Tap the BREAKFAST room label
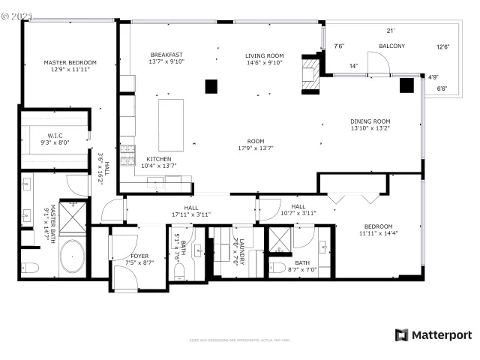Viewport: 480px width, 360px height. (166, 55)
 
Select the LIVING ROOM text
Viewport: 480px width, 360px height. (264, 55)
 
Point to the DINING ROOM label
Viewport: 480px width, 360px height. (370, 121)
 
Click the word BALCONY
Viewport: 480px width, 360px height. (391, 46)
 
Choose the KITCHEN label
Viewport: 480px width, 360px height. (158, 159)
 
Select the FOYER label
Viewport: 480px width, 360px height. (139, 256)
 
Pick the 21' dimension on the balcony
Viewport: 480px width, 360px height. (390, 31)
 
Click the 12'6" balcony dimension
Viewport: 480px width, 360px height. (443, 47)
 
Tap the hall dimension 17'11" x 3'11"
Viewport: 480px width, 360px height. (190, 214)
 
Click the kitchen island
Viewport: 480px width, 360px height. (172, 124)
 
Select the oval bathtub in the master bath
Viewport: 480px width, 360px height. (73, 256)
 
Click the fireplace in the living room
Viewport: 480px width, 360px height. (308, 74)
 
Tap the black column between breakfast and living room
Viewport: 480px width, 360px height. (211, 85)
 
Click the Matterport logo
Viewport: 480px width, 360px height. (433, 334)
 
